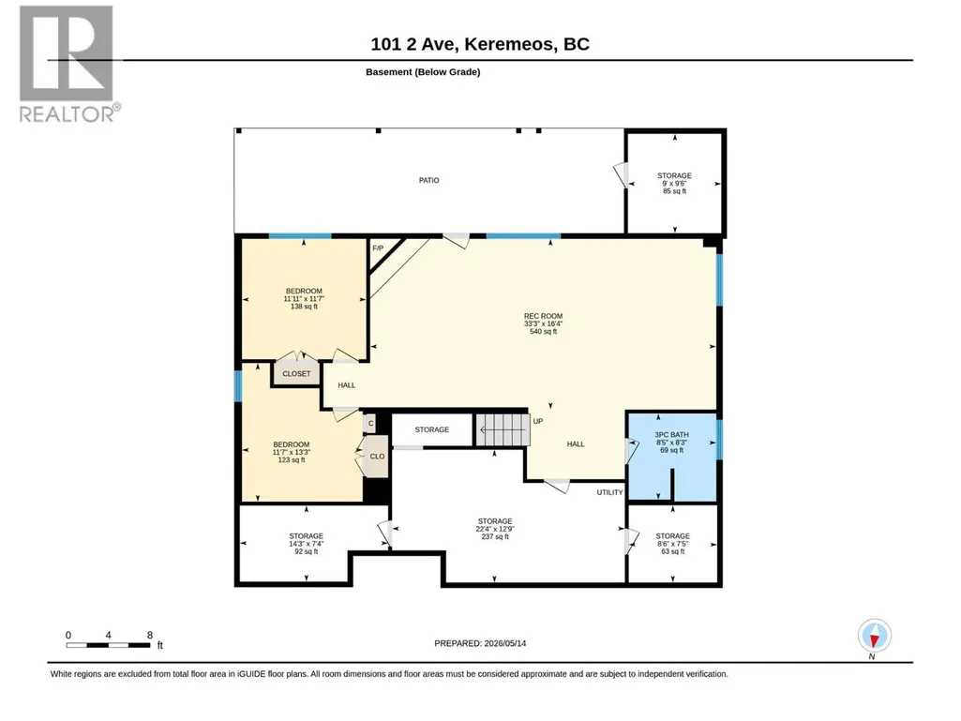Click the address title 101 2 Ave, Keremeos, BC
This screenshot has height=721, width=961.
pyautogui.click(x=480, y=44)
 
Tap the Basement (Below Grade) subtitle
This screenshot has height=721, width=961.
pyautogui.click(x=423, y=72)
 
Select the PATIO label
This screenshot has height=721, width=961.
pyautogui.click(x=429, y=180)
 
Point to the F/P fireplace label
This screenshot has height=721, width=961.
pyautogui.click(x=378, y=248)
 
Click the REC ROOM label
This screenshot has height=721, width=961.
pyautogui.click(x=543, y=316)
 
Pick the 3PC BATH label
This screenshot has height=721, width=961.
pyautogui.click(x=671, y=435)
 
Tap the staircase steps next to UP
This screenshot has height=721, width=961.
pyautogui.click(x=503, y=429)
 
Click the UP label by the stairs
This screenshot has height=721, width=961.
pyautogui.click(x=538, y=421)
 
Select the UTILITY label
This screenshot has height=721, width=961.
pyautogui.click(x=609, y=492)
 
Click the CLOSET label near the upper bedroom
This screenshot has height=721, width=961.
pyautogui.click(x=296, y=373)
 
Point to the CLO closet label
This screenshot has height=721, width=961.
pyautogui.click(x=378, y=457)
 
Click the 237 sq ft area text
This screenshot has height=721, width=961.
pyautogui.click(x=495, y=536)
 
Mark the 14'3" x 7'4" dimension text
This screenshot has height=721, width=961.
pyautogui.click(x=307, y=544)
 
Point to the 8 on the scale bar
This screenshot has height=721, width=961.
pyautogui.click(x=150, y=635)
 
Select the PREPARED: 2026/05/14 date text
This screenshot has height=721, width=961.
pyautogui.click(x=480, y=643)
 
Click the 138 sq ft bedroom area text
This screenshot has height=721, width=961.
pyautogui.click(x=304, y=306)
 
